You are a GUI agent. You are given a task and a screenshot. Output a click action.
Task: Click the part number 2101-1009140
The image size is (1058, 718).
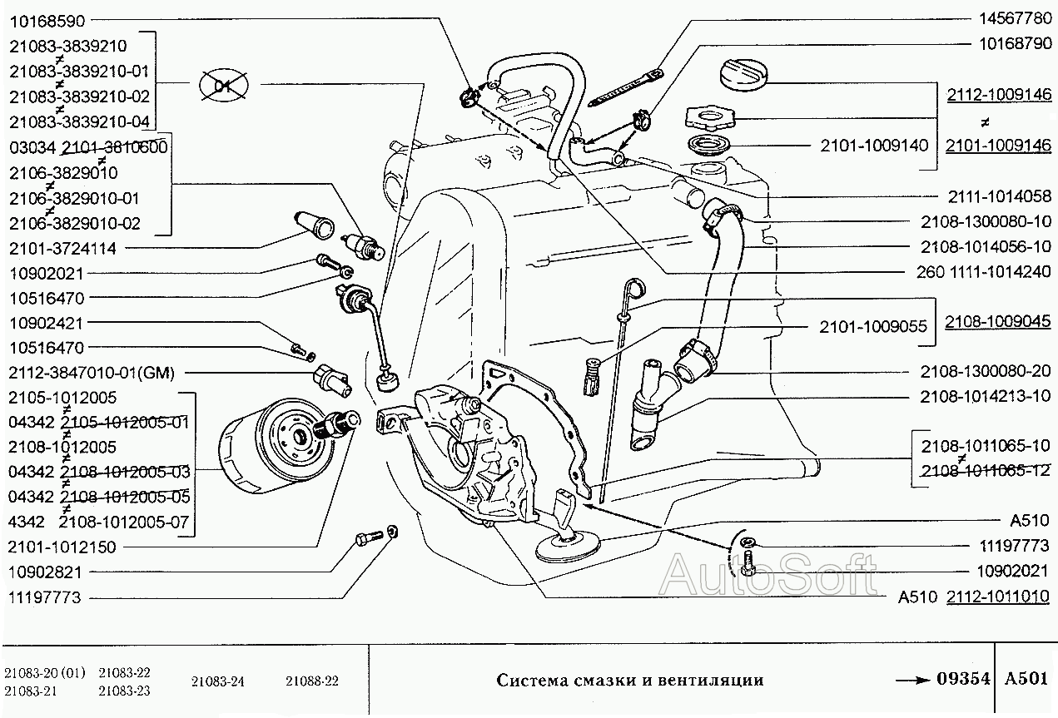coord(872,146)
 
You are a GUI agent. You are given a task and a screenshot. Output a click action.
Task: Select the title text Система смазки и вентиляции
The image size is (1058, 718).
coord(629,680)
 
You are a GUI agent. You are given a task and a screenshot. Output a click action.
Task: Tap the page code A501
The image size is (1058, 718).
coord(1026,679)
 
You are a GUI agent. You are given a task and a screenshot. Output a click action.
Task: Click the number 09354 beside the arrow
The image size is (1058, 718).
coord(963,679)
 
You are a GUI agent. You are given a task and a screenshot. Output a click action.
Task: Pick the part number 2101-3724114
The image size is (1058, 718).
coord(62,248)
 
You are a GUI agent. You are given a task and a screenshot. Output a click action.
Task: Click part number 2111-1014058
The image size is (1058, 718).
coord(999,196)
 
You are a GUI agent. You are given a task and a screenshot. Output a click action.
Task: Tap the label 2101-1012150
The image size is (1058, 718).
coord(62,547)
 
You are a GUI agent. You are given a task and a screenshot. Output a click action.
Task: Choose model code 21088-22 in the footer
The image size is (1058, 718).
coord(312,681)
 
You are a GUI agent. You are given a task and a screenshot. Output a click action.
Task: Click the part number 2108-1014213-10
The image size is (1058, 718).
coord(986,396)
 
